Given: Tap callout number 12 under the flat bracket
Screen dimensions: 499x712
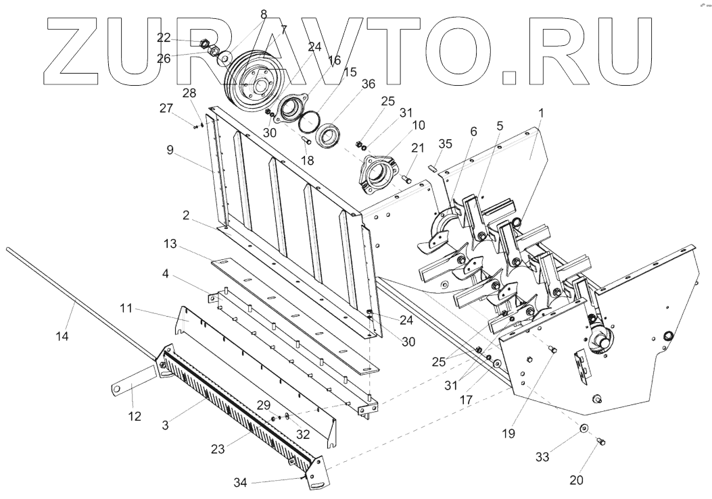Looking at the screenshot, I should [x=135, y=416].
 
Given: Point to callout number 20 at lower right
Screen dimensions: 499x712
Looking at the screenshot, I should [x=577, y=480].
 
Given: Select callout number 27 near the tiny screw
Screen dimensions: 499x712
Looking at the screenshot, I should [x=166, y=108].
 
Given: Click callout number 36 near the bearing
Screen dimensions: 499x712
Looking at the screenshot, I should [x=369, y=84].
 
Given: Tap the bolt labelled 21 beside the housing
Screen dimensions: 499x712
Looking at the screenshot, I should [x=406, y=178].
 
